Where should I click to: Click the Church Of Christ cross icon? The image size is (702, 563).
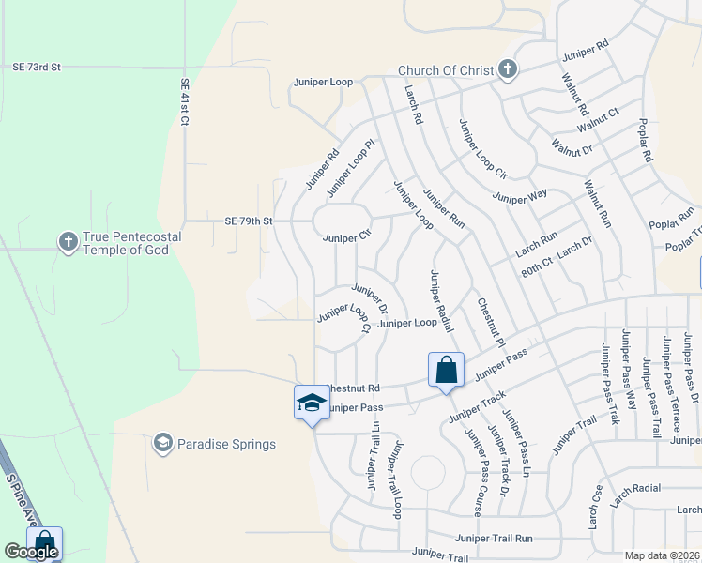[507, 69]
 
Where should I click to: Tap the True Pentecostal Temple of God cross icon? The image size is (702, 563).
[68, 243]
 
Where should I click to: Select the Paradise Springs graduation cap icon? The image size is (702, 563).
[163, 442]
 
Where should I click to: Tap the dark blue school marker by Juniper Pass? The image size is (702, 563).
[311, 403]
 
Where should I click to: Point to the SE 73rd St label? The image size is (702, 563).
[37, 68]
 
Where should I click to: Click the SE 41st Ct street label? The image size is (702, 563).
[185, 102]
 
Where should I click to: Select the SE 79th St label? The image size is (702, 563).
[248, 221]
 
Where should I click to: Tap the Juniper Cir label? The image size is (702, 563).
[347, 238]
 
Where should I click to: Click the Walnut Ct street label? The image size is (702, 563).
[598, 120]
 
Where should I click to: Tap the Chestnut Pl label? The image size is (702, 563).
[491, 323]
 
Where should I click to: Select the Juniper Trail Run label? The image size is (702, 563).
[494, 539]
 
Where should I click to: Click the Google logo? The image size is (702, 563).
[31, 552]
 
